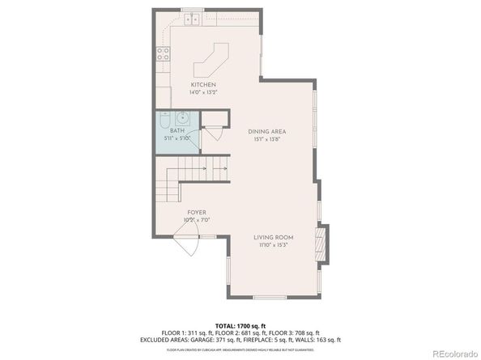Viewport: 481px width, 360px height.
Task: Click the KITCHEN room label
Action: (203, 85)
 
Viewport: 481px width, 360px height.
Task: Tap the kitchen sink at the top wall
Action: (192, 17)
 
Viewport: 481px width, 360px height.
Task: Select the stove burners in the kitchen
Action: (162, 55)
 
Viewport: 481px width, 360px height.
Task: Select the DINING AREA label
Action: (266, 131)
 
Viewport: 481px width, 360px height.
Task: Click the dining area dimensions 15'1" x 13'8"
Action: (266, 139)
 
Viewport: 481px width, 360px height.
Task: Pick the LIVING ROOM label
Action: (273, 237)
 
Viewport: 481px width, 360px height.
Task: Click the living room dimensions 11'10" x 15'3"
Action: (273, 245)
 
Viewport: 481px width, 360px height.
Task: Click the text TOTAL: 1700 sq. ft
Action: (240, 324)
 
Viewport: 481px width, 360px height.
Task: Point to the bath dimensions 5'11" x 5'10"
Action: (177, 138)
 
